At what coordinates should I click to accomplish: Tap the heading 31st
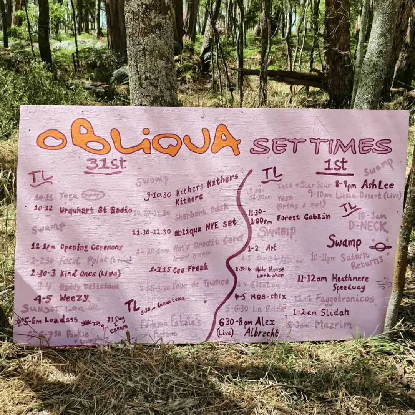tap(105, 165)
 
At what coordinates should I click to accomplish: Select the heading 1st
tap(335, 165)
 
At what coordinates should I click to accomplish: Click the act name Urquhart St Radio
tap(96, 210)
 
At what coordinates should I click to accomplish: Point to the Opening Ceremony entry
tap(91, 247)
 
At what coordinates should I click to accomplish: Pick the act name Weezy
tap(74, 298)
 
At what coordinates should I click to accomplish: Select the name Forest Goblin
tap(304, 217)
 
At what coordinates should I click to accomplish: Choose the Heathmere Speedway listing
tap(350, 282)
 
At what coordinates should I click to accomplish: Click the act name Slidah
tap(335, 312)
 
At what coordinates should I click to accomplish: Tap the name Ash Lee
tap(377, 184)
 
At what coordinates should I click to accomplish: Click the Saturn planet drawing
tap(380, 247)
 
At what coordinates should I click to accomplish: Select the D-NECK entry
tap(369, 226)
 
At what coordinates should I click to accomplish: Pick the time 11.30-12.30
tap(151, 232)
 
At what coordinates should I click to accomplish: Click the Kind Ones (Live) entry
tap(90, 273)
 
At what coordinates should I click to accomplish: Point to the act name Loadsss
tap(61, 320)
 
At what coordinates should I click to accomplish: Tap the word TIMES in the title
tap(359, 146)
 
